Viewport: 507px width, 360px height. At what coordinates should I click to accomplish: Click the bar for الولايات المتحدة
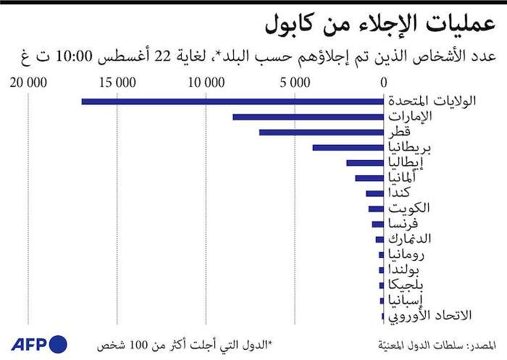pos(232,101)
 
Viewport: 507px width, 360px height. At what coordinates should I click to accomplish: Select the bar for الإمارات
pos(308,117)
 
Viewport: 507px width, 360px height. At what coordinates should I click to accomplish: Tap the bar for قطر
pos(322,132)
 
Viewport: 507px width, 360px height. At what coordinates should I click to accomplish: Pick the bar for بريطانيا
pos(348,148)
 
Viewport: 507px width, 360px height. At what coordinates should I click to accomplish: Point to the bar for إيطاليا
pos(365,163)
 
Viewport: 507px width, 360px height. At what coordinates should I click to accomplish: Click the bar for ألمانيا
pos(369,178)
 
